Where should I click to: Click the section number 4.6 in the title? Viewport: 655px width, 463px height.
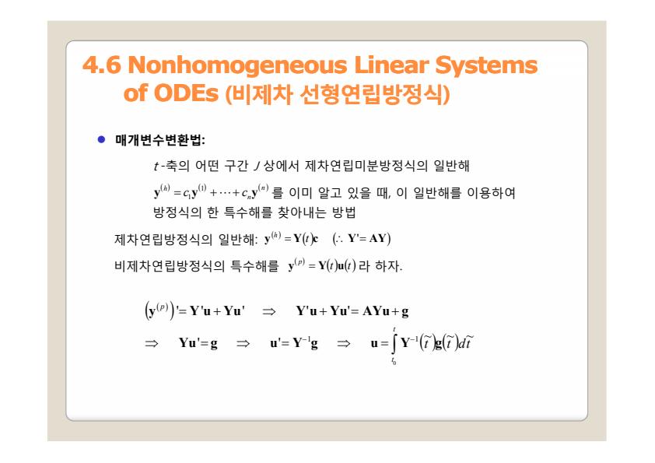coord(101,65)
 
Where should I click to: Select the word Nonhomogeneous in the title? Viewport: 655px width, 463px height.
coord(237,66)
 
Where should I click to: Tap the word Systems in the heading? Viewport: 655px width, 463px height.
coord(486,66)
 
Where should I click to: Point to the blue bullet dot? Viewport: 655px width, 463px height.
coord(101,139)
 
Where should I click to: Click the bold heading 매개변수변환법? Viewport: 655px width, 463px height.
coord(159,140)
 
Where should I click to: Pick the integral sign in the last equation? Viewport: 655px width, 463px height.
coord(394,344)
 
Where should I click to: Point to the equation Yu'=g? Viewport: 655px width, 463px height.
coord(198,343)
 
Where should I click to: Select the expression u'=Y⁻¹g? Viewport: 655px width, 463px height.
coord(294,343)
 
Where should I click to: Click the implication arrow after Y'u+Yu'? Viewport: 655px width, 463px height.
coord(268,311)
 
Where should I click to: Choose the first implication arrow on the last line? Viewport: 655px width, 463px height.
coord(151,343)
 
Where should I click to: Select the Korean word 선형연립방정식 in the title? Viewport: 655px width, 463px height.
coord(371,93)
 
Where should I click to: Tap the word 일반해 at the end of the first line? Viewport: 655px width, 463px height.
coord(451,166)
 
